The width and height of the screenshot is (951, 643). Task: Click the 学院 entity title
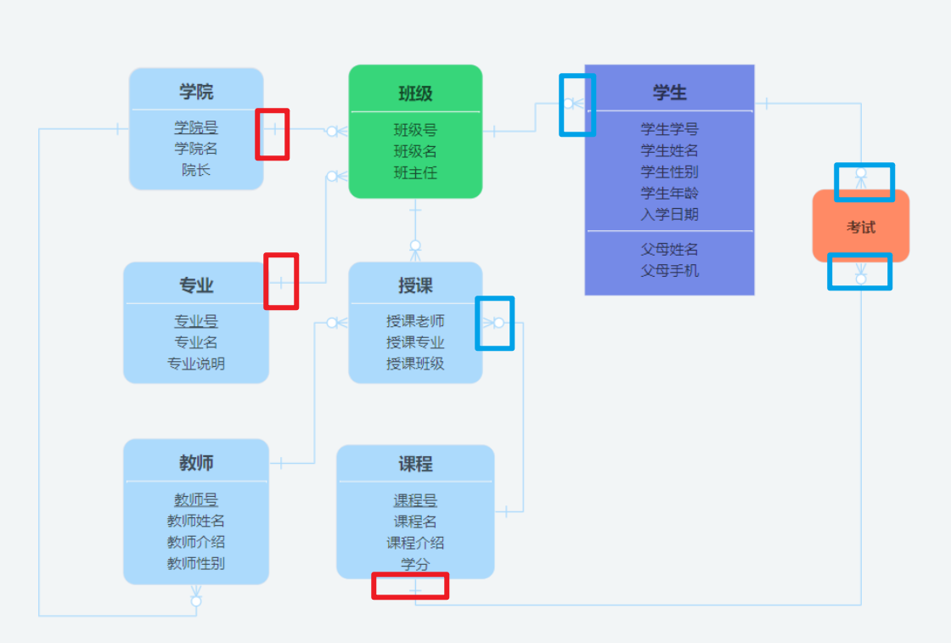[196, 92]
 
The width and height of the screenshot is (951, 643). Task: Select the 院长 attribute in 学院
[196, 170]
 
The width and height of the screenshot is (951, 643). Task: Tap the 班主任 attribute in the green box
[415, 172]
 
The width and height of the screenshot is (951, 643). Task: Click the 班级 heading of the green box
[415, 93]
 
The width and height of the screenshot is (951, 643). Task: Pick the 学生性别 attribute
[669, 172]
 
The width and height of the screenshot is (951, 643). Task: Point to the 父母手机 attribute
[669, 270]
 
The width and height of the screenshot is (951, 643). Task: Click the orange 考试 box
[861, 227]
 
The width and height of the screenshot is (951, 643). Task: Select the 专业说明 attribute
[196, 364]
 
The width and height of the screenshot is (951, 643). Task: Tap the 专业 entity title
[196, 285]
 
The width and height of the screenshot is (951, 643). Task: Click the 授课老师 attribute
[415, 321]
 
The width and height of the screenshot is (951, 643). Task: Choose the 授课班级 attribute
[415, 364]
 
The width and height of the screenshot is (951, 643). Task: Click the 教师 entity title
[196, 463]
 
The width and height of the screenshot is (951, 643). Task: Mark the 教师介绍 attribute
[196, 542]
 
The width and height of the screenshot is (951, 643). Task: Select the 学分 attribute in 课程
[415, 564]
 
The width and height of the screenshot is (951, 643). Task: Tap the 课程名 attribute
[415, 522]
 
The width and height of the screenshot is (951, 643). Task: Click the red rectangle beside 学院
[273, 134]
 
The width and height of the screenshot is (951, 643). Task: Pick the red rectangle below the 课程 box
[410, 586]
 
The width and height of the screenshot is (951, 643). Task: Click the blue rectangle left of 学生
[577, 104]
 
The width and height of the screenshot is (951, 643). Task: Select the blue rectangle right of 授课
[495, 323]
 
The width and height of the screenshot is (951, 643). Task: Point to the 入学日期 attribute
[669, 214]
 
